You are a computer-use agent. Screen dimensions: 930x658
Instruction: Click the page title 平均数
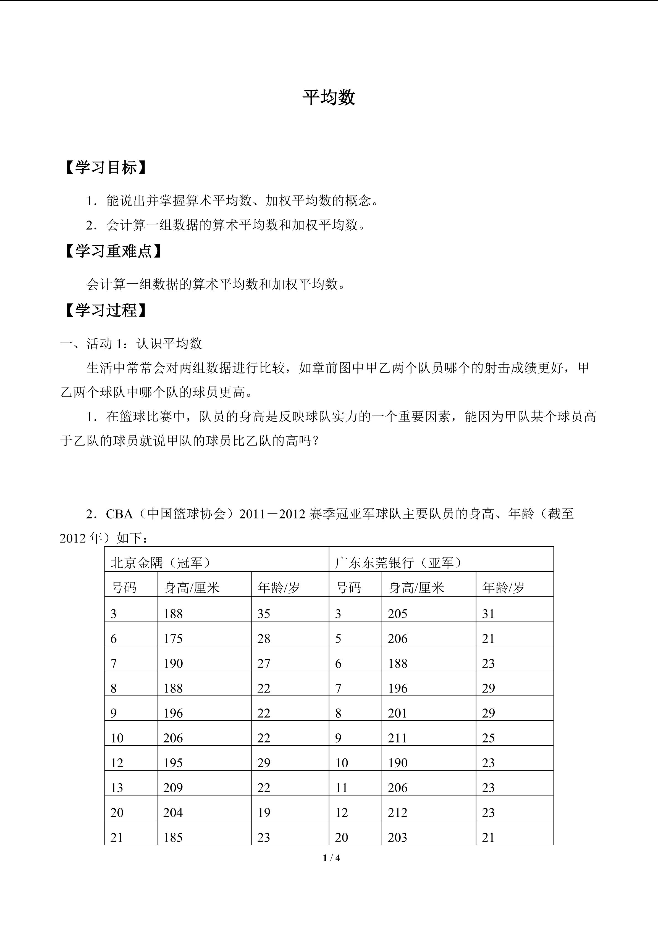point(329,98)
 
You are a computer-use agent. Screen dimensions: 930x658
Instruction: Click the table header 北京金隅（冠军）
point(161,563)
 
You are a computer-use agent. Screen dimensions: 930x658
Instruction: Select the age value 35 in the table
point(264,614)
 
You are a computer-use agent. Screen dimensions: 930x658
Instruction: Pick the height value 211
point(397,738)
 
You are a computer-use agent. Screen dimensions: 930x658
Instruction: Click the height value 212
point(397,813)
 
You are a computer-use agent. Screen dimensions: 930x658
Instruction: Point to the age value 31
point(488,614)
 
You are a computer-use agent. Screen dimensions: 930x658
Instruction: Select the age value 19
point(264,813)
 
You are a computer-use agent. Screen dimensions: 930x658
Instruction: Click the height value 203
point(397,837)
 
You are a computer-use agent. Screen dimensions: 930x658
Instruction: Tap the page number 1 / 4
point(331,858)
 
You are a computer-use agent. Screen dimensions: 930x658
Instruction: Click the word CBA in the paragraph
point(119,514)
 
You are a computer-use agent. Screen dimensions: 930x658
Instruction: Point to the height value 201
point(397,713)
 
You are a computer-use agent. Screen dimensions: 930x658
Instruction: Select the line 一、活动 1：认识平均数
point(131,344)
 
